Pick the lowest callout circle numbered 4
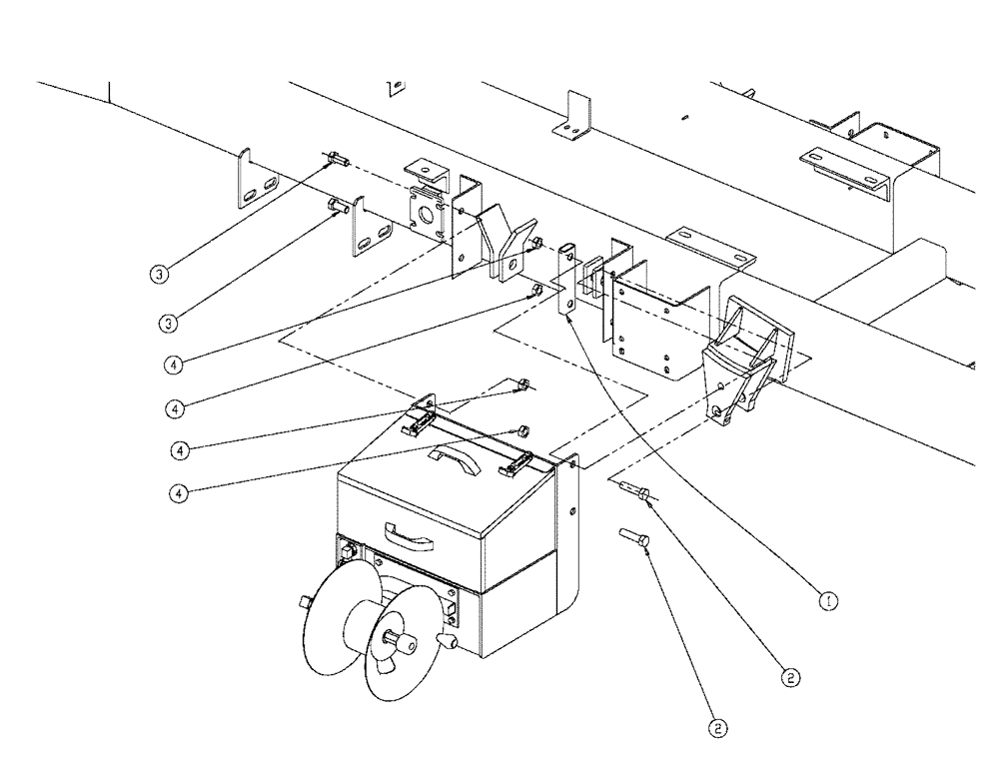pos(176,492)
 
